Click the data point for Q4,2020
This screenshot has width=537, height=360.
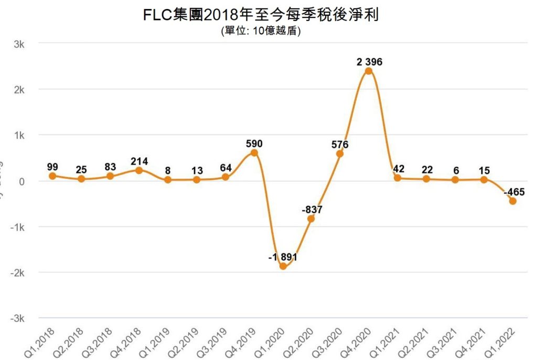pos(369,71)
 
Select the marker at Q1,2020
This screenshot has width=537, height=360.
pos(283,266)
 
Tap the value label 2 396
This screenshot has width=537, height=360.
pos(369,62)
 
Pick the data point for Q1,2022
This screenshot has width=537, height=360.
pos(513,201)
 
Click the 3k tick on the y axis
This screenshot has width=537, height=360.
pos(19,44)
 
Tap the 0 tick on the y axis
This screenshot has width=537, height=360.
pos(22,181)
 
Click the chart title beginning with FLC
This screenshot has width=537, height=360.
pos(261,15)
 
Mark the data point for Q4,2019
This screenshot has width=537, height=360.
pos(254,153)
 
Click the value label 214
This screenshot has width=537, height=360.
pos(139,161)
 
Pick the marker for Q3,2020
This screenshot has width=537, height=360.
pos(340,154)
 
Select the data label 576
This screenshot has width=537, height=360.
pos(340,144)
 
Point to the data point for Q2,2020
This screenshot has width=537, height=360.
pos(311,219)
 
